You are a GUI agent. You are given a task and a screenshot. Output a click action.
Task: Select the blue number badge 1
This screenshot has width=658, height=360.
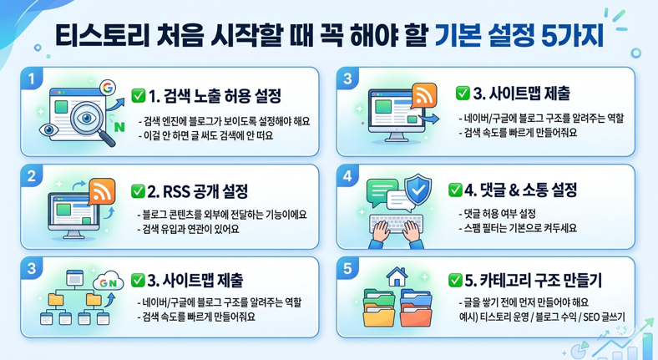tap(31, 80)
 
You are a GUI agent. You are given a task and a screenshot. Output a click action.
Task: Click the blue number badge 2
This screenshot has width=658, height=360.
tap(31, 176)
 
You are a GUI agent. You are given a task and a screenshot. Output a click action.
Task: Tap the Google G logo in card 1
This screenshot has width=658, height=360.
tap(106, 87)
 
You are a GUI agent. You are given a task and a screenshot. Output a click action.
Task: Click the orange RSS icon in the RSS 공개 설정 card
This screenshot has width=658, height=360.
tap(101, 193)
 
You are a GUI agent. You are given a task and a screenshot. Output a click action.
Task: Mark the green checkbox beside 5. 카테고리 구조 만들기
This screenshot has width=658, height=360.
tap(455, 280)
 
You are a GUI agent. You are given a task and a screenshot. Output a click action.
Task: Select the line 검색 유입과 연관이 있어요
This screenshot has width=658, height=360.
tap(191, 227)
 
